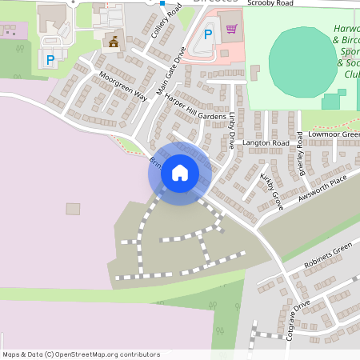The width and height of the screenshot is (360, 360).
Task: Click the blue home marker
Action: [x=180, y=173]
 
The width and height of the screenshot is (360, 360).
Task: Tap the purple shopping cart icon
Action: [x=232, y=30]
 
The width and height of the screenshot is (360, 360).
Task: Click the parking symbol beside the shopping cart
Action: [x=208, y=34]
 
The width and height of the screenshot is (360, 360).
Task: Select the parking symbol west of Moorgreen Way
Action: [x=50, y=59]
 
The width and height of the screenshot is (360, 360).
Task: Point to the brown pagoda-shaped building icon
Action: [x=113, y=41]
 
